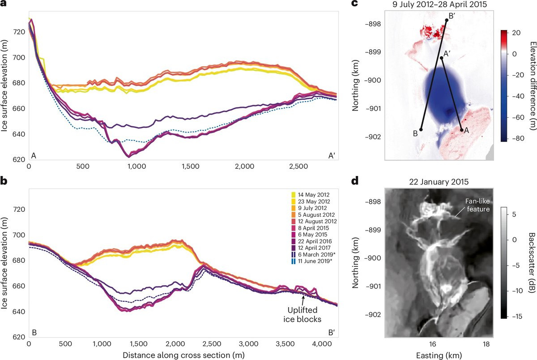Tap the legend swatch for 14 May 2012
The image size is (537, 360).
pos(294,195)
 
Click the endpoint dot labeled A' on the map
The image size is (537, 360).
pos(441,58)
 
